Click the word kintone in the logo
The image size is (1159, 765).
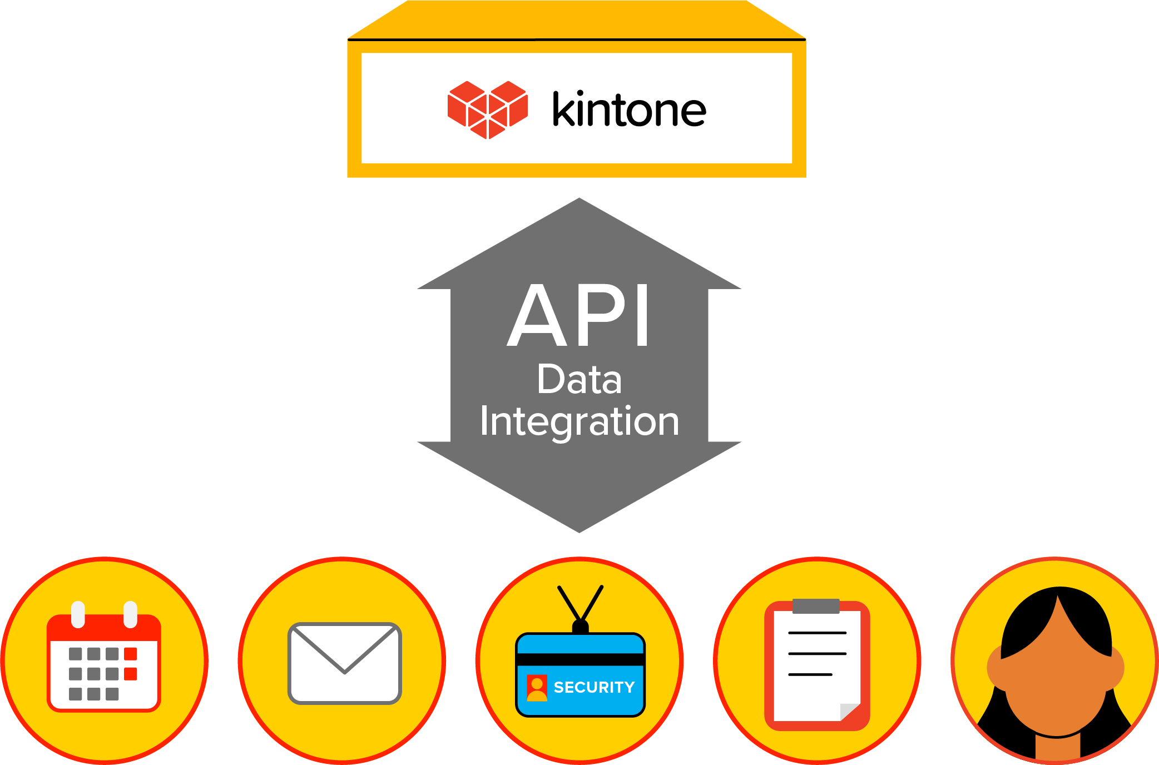pos(629,110)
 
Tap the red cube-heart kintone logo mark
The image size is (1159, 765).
pos(488,110)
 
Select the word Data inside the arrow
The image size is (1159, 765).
pos(579,380)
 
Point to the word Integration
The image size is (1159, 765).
pos(579,421)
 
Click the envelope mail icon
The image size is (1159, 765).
pos(344,663)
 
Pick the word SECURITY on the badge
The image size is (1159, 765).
pos(594,688)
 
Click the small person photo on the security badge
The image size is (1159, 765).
pos(537,688)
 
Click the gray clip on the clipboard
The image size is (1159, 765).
pos(816,606)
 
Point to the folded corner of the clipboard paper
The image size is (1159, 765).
pos(849,712)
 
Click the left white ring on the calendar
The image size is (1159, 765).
pos(78,614)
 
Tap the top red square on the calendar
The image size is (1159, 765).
pos(131,654)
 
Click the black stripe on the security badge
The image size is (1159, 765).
pos(580,659)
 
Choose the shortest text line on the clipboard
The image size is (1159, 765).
pos(810,674)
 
